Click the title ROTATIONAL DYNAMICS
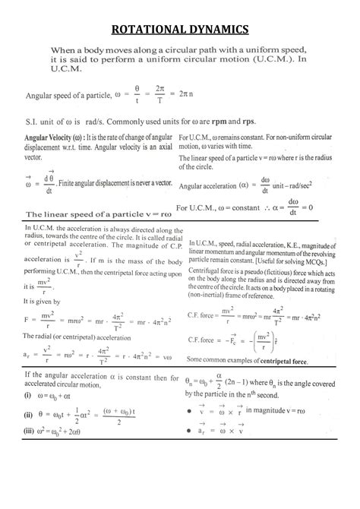[x=180, y=30]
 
